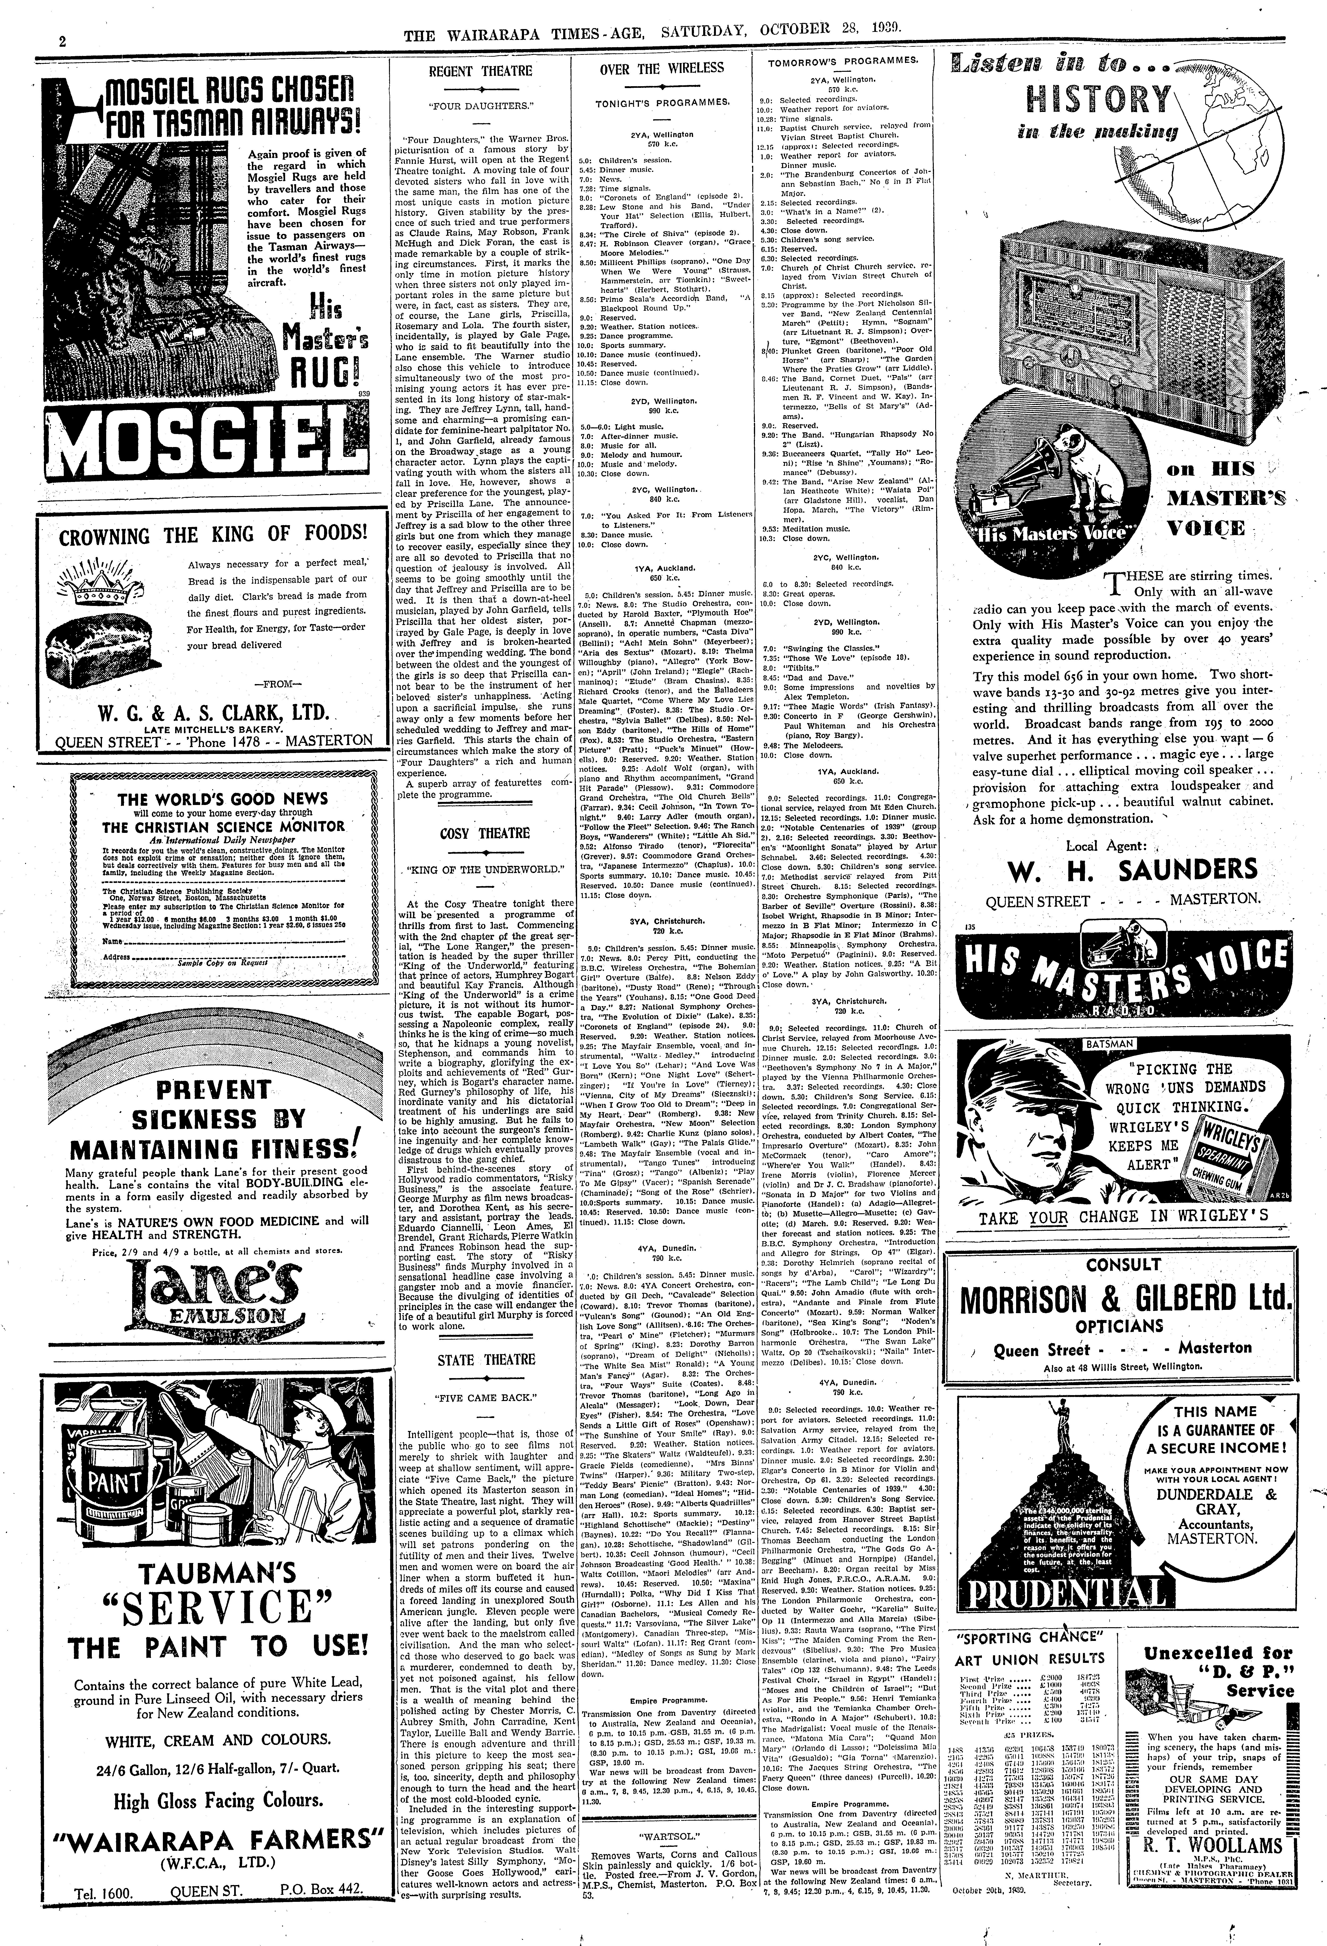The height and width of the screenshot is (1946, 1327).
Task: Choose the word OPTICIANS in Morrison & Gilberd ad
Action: (x=1119, y=1325)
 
